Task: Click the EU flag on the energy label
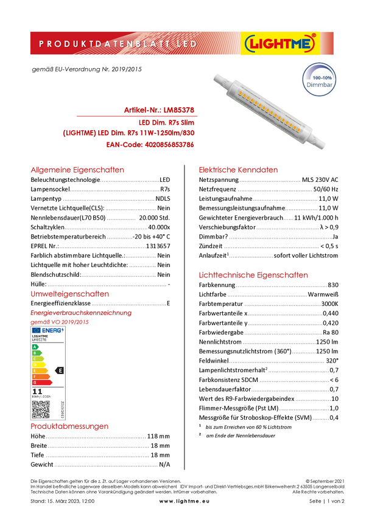(36, 330)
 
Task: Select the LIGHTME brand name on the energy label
(40, 336)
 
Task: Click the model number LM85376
(40, 339)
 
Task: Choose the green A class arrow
(35, 347)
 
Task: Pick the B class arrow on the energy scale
(35, 353)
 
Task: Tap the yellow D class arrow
(38, 364)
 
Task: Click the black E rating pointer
(60, 370)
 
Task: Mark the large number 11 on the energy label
(37, 392)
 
